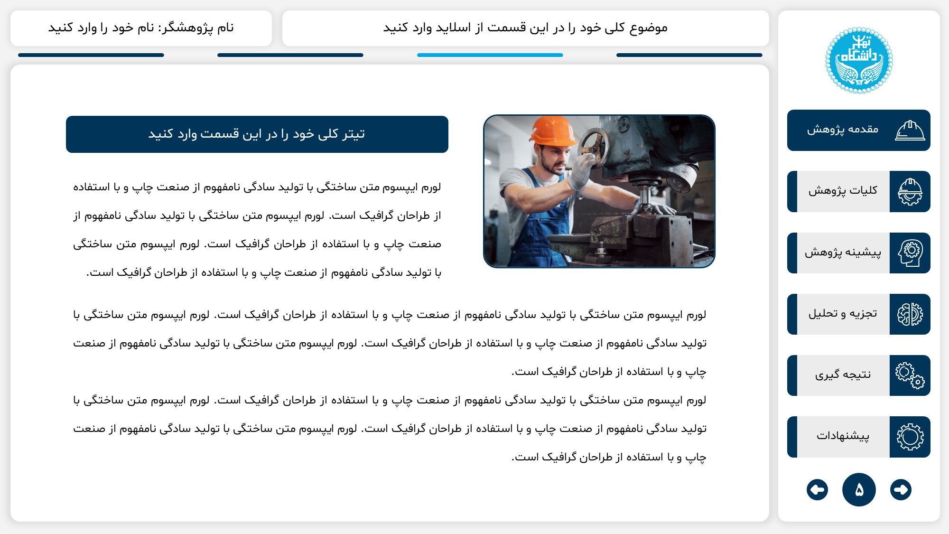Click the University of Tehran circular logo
(x=859, y=60)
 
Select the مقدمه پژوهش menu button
(x=858, y=130)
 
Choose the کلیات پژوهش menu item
(x=843, y=191)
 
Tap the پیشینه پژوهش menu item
(x=843, y=253)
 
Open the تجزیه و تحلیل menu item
(x=843, y=314)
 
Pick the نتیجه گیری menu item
(x=843, y=375)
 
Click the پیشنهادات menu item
(x=843, y=436)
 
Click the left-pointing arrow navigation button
(x=817, y=489)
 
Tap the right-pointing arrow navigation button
(x=901, y=489)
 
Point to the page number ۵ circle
(x=859, y=489)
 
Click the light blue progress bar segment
(x=490, y=55)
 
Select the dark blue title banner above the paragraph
(x=257, y=134)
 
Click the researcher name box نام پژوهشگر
(x=141, y=28)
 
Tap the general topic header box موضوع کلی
(x=525, y=28)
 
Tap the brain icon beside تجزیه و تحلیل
(x=910, y=314)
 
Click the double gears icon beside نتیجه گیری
(x=910, y=375)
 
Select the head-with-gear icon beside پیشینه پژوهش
(x=910, y=253)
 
